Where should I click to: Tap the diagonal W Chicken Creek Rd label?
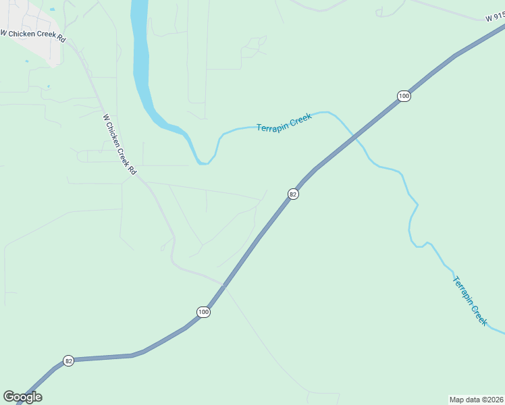point(119,145)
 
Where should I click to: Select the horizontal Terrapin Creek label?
point(284,123)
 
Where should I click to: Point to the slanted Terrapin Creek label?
point(469,301)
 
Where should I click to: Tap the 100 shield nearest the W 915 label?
point(404,96)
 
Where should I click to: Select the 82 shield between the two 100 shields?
point(292,194)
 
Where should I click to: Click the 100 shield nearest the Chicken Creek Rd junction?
point(204,312)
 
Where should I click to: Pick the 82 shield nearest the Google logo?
point(68,360)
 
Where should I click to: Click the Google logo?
point(22,397)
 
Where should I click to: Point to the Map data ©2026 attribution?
point(476,399)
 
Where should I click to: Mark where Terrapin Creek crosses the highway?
point(353,138)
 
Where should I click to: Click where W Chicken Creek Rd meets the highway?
point(223,284)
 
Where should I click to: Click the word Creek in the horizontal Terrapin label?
point(300,120)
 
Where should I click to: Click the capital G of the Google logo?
point(9,397)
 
